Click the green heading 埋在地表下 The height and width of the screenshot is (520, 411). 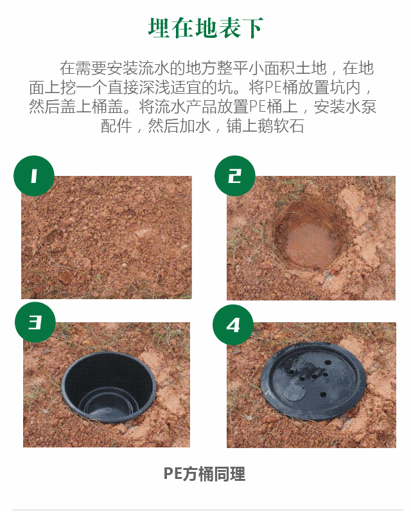205,28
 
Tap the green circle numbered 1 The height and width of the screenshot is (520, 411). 34,176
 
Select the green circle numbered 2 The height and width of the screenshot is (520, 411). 235,176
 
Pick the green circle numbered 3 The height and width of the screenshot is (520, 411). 35,322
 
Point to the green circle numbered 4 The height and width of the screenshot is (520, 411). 233,325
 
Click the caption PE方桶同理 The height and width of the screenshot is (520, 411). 204,474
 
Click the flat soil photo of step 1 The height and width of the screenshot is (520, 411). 107,238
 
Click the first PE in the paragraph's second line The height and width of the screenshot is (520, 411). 273,87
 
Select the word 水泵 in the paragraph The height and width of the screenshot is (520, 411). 361,107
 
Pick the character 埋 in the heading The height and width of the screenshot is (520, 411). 159,28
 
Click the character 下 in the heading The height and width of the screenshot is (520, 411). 252,28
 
